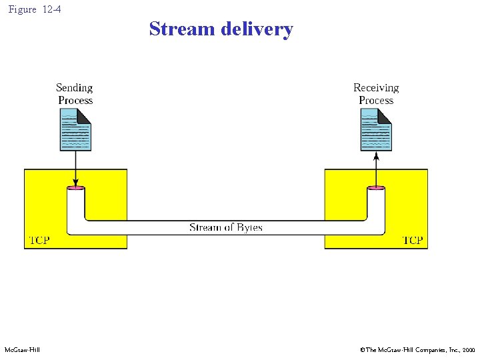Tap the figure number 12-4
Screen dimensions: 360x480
[51, 9]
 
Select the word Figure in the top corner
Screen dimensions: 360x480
[22, 9]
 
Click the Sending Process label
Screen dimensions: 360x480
[75, 94]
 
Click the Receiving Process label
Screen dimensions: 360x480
[376, 94]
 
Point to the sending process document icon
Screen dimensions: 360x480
[75, 129]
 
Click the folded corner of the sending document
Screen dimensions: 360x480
[85, 115]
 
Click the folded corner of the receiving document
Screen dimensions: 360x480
[385, 115]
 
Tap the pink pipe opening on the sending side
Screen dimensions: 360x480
[76, 189]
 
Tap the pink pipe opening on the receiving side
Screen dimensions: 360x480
[376, 189]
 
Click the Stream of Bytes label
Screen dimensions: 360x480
[226, 228]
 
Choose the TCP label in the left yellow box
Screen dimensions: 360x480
[39, 240]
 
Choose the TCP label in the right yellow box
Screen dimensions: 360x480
[413, 240]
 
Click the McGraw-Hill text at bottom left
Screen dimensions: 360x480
[22, 350]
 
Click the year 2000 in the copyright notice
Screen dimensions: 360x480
[469, 350]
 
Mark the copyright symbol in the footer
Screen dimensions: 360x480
[362, 350]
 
